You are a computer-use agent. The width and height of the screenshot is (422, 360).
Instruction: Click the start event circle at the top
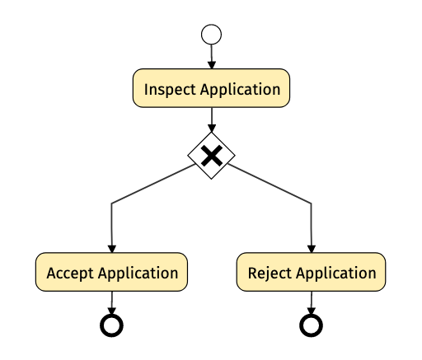[x=211, y=35]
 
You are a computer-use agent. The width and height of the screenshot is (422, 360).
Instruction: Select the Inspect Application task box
[x=211, y=88]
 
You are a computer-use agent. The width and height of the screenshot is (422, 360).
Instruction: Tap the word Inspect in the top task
[x=170, y=90]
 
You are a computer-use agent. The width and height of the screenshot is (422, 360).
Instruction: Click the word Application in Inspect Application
[x=241, y=90]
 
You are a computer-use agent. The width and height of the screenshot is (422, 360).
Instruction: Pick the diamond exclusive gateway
[x=211, y=156]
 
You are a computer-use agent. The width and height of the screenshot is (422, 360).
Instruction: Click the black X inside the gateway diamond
[x=212, y=156]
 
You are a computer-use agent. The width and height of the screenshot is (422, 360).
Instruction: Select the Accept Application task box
[x=111, y=272]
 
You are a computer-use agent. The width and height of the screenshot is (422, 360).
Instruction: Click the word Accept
[x=70, y=274]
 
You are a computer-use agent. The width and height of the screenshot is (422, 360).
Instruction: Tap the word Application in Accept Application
[x=138, y=274]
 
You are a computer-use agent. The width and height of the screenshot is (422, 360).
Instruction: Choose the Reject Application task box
[x=311, y=272]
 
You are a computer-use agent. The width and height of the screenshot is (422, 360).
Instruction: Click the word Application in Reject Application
[x=336, y=274]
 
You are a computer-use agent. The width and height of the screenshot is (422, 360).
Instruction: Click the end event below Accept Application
[x=111, y=325]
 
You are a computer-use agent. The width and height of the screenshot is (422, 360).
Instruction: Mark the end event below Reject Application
[x=311, y=325]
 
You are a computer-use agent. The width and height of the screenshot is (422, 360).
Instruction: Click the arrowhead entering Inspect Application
[x=212, y=65]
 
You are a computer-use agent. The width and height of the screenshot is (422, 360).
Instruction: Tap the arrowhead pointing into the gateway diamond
[x=212, y=129]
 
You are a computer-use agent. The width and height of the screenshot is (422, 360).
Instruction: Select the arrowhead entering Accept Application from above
[x=112, y=249]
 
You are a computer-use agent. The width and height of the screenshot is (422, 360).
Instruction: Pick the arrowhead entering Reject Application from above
[x=312, y=249]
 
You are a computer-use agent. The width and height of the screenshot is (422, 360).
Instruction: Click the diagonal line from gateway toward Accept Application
[x=153, y=184]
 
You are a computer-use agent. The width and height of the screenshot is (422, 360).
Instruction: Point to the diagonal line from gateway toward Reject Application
[x=270, y=184]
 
